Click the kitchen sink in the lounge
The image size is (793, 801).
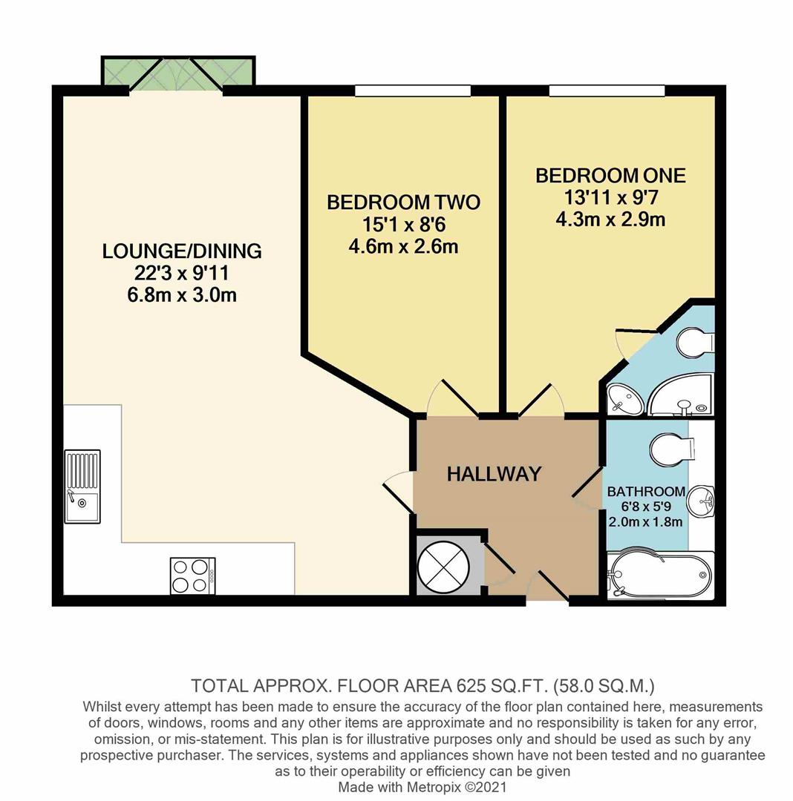[x=82, y=486]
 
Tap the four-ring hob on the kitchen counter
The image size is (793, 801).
[x=192, y=576]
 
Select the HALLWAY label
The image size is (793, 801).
[x=494, y=474]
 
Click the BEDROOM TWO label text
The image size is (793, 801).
[x=403, y=202]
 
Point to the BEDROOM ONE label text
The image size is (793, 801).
[x=610, y=176]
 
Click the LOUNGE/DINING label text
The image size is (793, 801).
[x=182, y=251]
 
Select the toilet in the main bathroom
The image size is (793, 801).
[x=670, y=449]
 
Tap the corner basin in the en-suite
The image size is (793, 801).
[x=624, y=401]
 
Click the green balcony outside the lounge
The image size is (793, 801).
[x=178, y=71]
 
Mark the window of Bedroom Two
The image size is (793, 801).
[x=413, y=90]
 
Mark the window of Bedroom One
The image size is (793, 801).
[x=607, y=90]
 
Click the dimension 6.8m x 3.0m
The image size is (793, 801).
[x=182, y=294]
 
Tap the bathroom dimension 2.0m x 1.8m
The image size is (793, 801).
[x=644, y=521]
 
